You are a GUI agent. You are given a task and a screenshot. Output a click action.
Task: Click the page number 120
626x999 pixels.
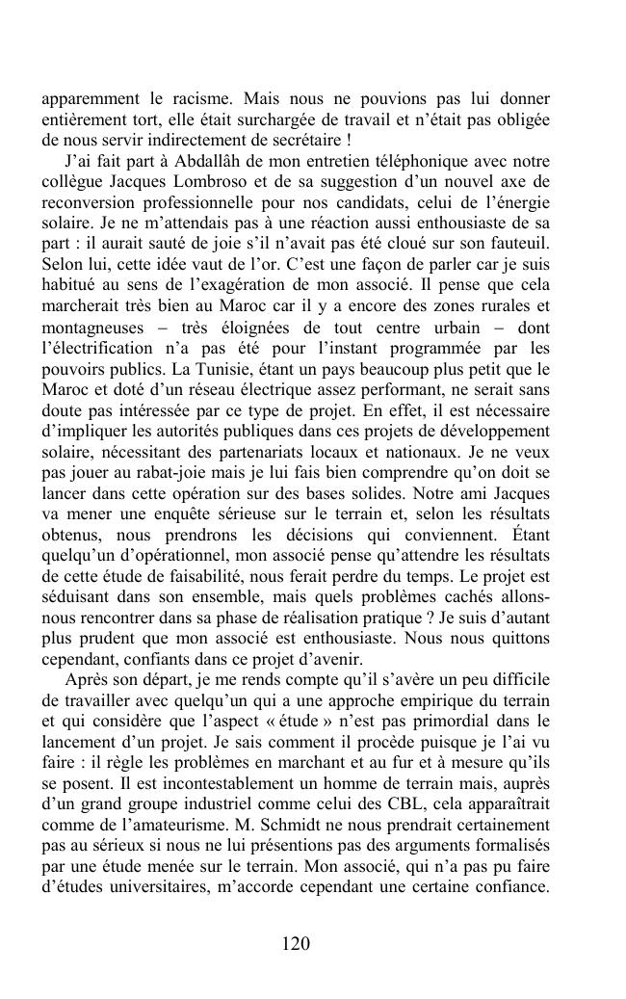point(296,944)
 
